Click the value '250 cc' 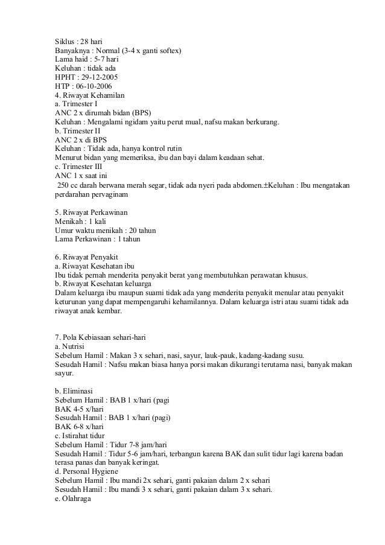[66, 185]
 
